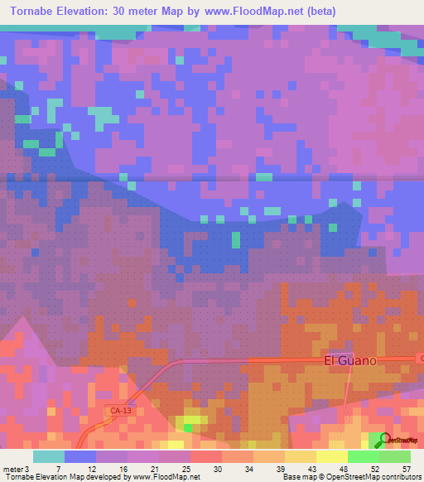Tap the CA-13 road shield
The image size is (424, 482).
tap(120, 410)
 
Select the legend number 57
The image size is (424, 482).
tap(405, 468)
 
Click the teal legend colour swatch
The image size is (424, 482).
tap(49, 456)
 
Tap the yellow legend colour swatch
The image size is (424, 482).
tap(332, 456)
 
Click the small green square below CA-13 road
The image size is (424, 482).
tap(188, 427)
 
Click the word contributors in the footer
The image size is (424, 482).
tap(398, 477)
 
